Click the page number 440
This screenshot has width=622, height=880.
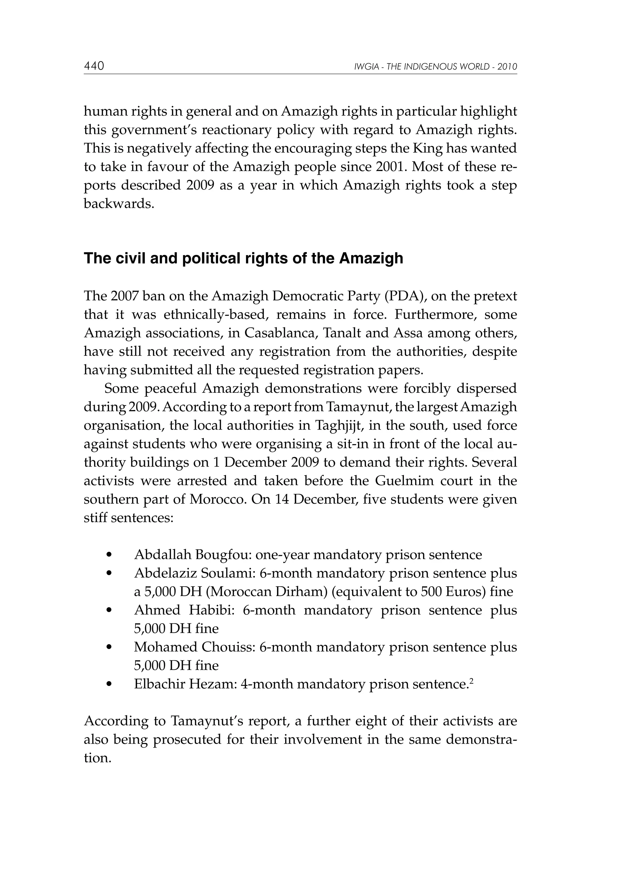click(94, 66)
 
